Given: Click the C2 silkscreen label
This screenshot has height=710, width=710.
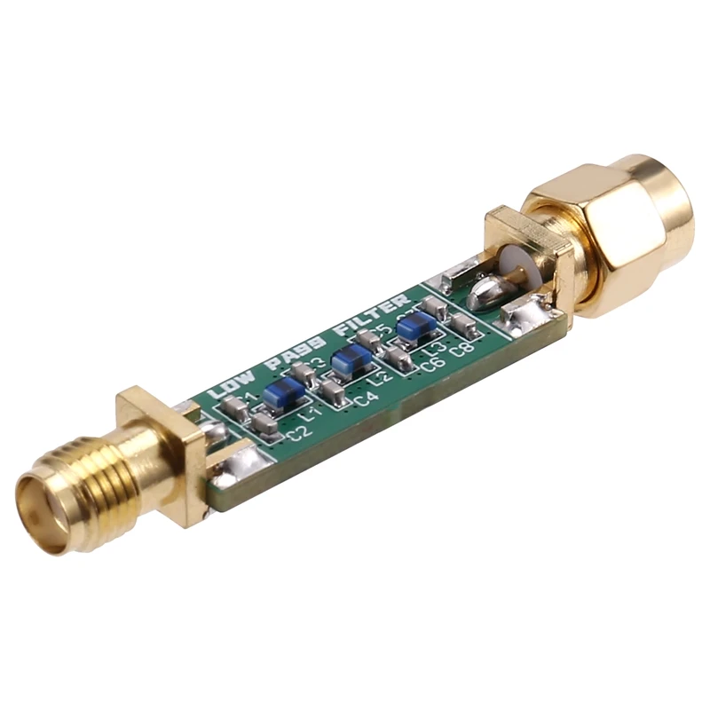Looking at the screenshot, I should point(299,433).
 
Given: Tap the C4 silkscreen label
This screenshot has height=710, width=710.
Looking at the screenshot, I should point(366,400).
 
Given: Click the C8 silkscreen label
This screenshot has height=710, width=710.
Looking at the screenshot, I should point(461,349).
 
